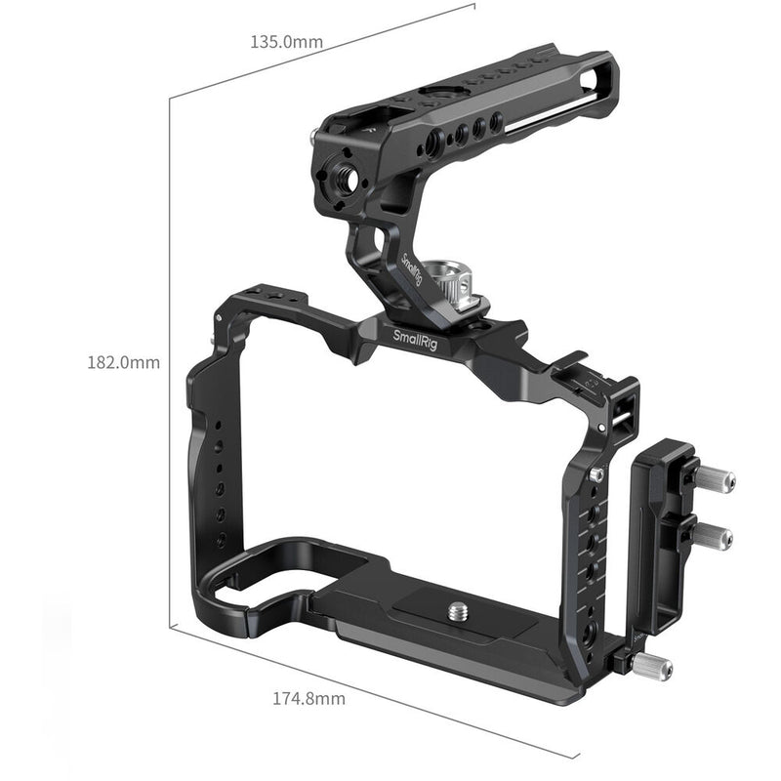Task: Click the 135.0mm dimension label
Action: point(286,42)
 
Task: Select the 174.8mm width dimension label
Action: point(308,699)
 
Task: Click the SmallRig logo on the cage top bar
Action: point(417,336)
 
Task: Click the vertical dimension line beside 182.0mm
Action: point(171,361)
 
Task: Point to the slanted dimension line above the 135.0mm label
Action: point(322,50)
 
